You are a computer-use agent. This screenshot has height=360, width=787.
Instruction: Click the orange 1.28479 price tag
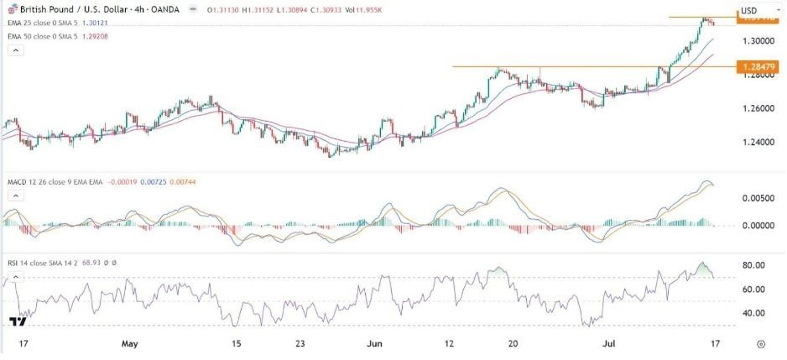pos(758,65)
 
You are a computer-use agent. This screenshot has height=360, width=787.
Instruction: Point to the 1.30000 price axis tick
pos(758,40)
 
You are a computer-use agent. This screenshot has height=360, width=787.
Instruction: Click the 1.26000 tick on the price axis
pos(758,109)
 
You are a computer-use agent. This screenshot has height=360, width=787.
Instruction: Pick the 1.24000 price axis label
pos(758,143)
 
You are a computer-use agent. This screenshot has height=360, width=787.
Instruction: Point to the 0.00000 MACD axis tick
pos(758,226)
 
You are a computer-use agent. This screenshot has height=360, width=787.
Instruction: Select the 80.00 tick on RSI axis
pos(755,265)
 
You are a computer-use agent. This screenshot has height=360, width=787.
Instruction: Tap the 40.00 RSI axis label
pos(755,313)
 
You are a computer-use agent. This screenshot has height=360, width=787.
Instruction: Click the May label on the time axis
pos(128,344)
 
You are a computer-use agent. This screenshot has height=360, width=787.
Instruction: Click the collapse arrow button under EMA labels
pos(14,51)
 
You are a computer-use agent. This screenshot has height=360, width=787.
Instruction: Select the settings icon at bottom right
pos(760,344)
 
